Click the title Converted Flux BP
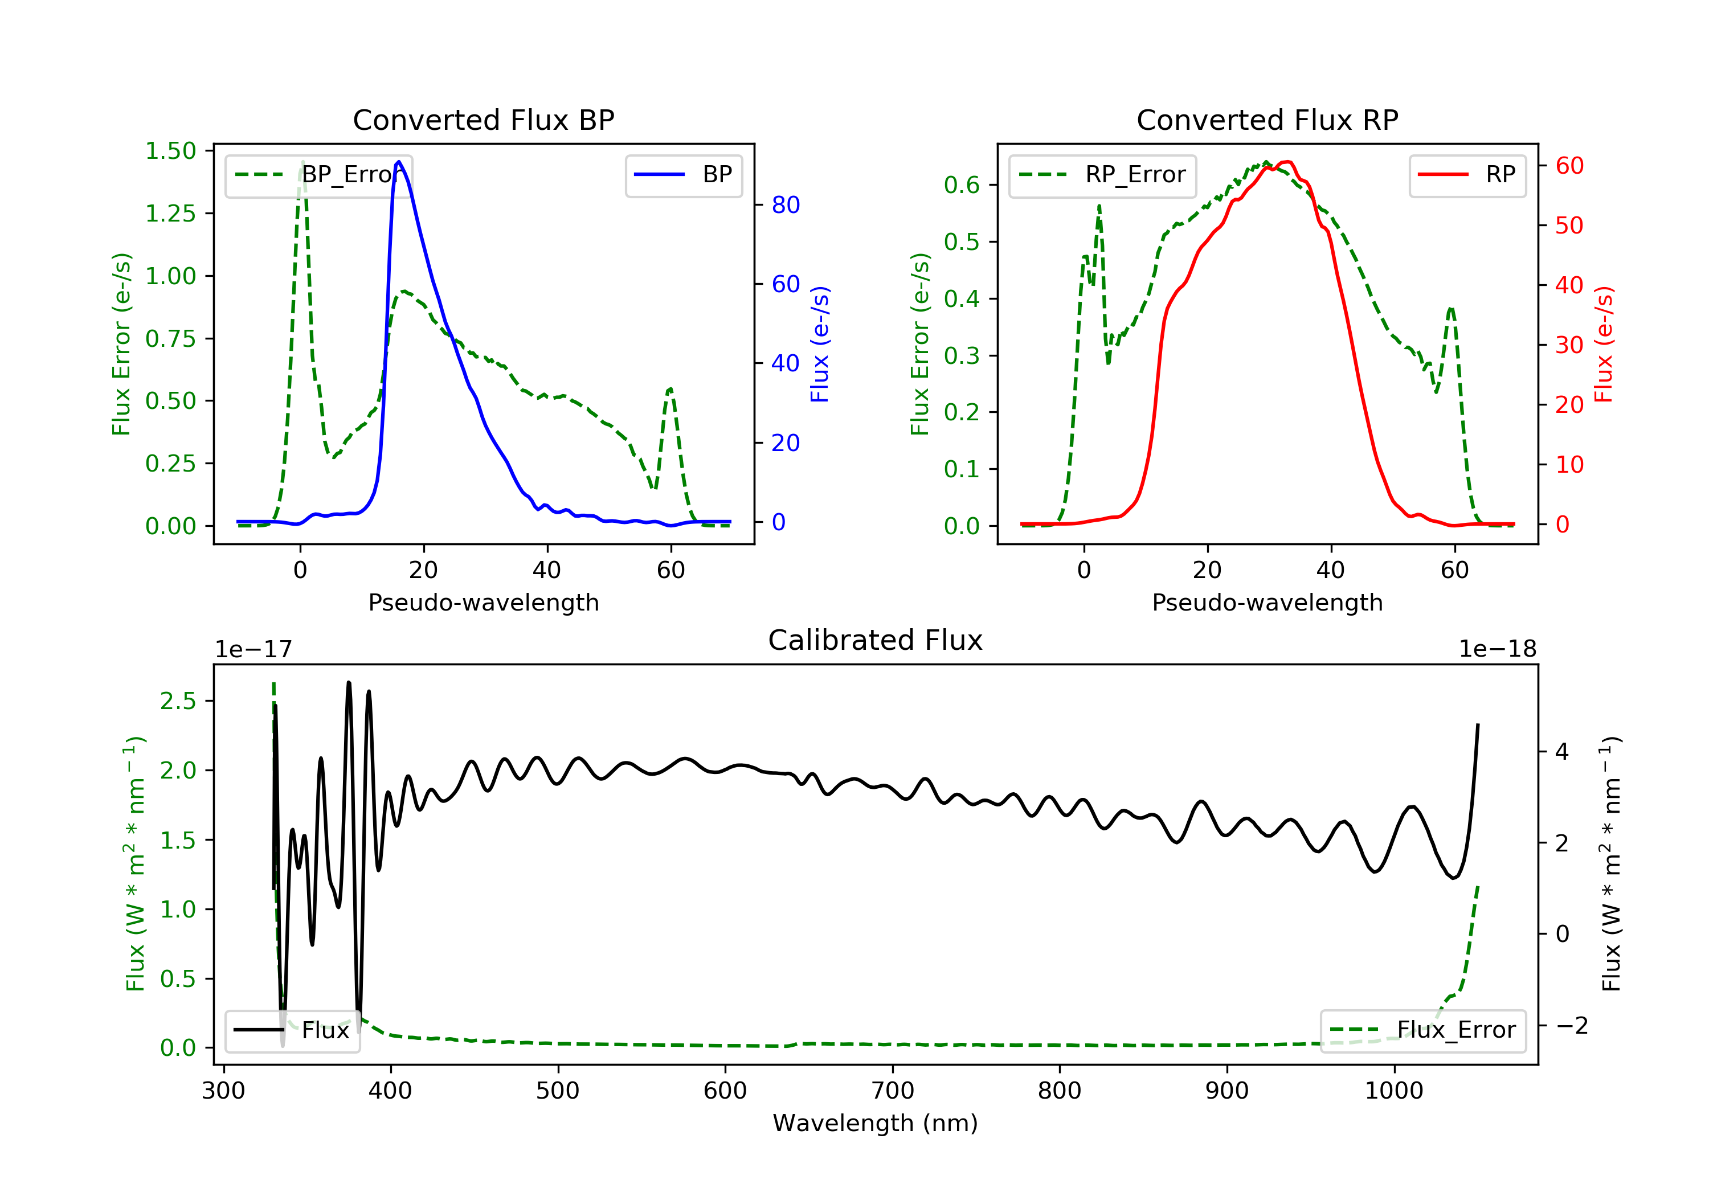pos(484,120)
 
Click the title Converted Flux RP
pos(1268,120)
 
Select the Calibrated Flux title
pos(876,640)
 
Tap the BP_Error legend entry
pos(318,175)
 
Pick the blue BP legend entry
pos(683,175)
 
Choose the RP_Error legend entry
pos(1102,175)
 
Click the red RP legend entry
pos(1467,175)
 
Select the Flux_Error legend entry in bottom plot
pos(1423,1030)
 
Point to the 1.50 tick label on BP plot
pos(170,151)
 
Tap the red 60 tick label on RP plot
pos(1570,166)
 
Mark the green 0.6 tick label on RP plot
pos(962,185)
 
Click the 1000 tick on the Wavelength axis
pos(1394,1091)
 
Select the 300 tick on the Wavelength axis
pos(224,1091)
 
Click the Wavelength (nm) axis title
pos(876,1123)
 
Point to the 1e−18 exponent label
pos(1498,649)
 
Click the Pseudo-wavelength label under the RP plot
pos(1268,603)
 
